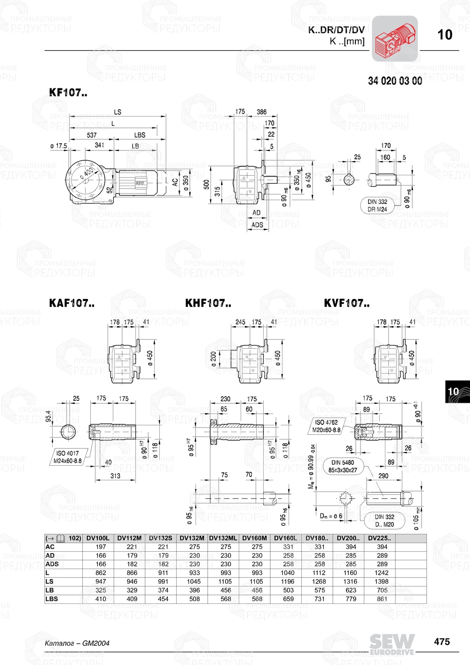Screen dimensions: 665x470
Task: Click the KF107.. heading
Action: [x=68, y=93]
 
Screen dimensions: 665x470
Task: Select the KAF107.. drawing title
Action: [x=71, y=304]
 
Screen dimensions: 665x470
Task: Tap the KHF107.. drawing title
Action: [x=208, y=304]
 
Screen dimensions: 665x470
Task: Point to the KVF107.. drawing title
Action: [x=347, y=304]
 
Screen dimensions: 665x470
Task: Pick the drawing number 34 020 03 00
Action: [x=395, y=81]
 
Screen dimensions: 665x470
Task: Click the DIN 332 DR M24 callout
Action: [x=377, y=205]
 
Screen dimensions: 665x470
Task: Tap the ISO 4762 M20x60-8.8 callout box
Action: [x=326, y=426]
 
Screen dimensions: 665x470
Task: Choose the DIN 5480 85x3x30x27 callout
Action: [x=343, y=466]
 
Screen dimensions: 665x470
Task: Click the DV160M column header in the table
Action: [x=254, y=538]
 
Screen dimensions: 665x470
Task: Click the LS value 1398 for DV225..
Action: [x=382, y=581]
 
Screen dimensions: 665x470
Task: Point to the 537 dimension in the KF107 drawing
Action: [x=92, y=135]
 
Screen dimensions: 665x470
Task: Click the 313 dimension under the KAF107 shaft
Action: [x=115, y=476]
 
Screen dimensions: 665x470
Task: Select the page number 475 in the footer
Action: [x=442, y=642]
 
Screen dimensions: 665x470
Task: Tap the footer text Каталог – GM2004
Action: [x=77, y=643]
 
